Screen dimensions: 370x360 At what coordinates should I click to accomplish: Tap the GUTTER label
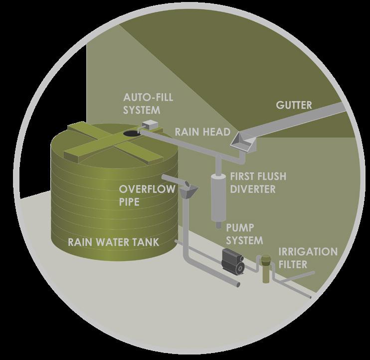(293, 106)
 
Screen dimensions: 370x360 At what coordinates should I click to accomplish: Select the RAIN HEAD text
(202, 132)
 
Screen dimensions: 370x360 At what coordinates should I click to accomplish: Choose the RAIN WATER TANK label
(113, 242)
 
